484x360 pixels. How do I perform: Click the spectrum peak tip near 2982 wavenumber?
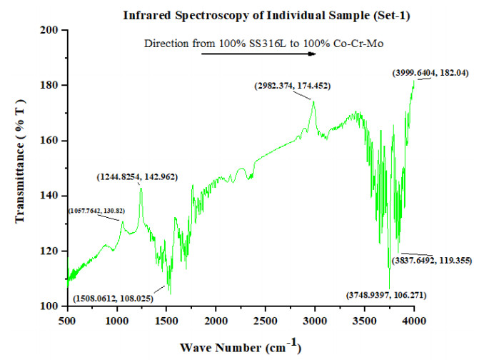point(313,101)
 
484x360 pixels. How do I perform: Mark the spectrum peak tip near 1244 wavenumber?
point(141,187)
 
